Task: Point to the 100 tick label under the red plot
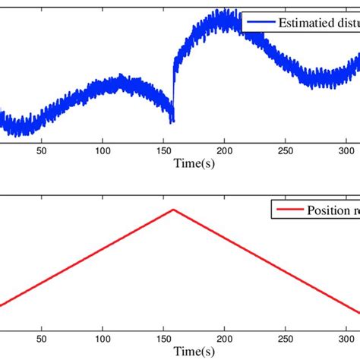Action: (x=103, y=339)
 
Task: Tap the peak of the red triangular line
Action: (x=174, y=209)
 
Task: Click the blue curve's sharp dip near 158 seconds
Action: (x=172, y=119)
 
